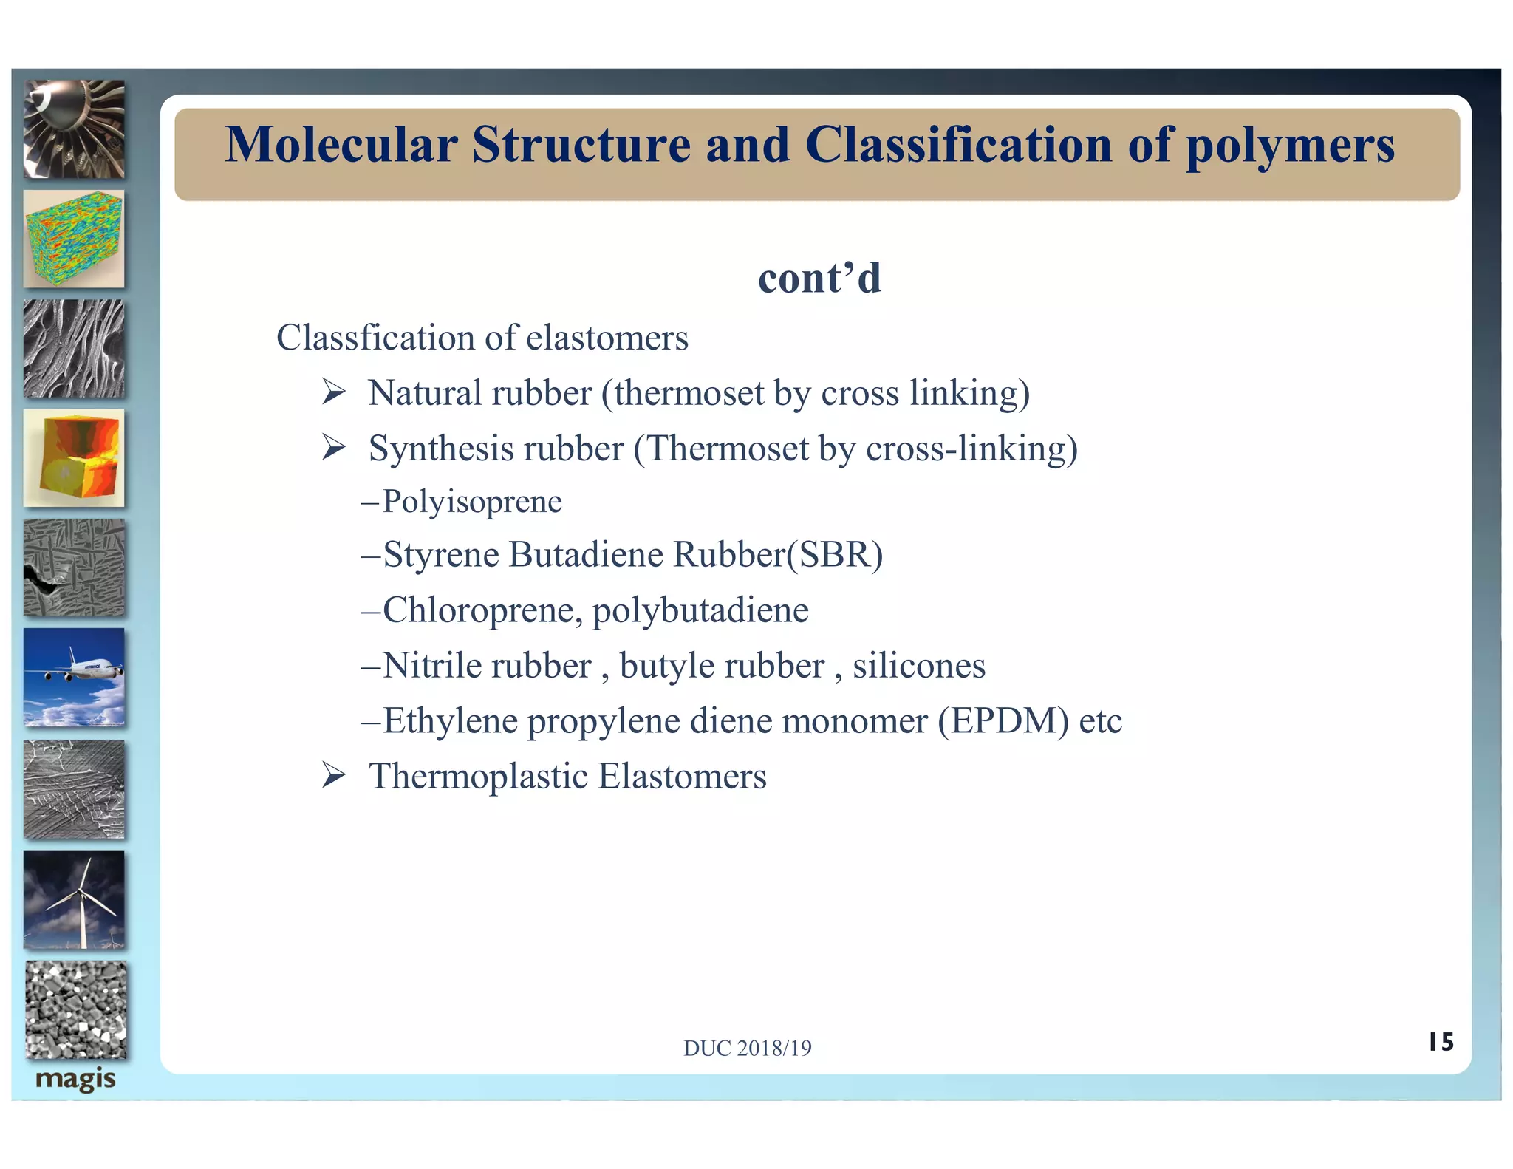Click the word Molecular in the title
coord(341,145)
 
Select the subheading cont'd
coord(819,279)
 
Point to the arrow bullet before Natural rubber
coord(334,392)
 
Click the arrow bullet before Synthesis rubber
coord(334,447)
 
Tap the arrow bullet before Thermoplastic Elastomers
coord(334,775)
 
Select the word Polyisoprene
coord(472,502)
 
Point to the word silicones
coord(918,666)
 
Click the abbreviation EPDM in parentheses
coord(1003,721)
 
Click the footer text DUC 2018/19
coord(747,1048)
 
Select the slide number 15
coord(1440,1042)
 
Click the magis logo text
coord(75,1079)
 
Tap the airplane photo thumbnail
coord(74,677)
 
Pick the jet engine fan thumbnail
coord(74,129)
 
